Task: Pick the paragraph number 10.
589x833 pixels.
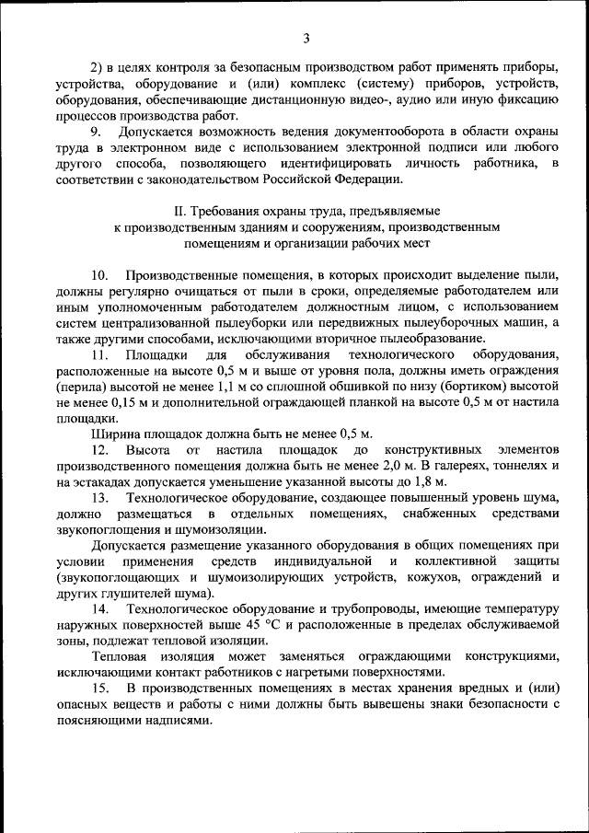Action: coord(99,275)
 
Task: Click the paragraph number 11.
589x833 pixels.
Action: coord(99,354)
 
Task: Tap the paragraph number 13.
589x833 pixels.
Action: coord(99,497)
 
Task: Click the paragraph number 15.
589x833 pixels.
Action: coord(99,688)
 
